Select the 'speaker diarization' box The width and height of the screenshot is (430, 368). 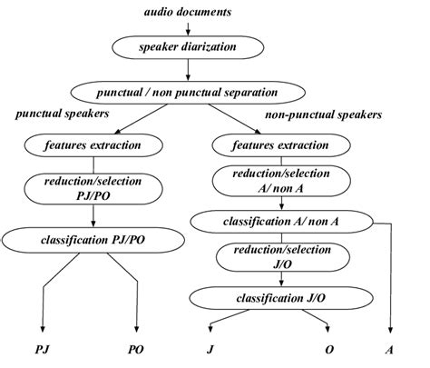[188, 45]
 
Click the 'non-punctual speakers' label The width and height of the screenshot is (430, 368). [321, 116]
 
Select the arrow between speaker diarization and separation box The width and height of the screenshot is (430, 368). [188, 69]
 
